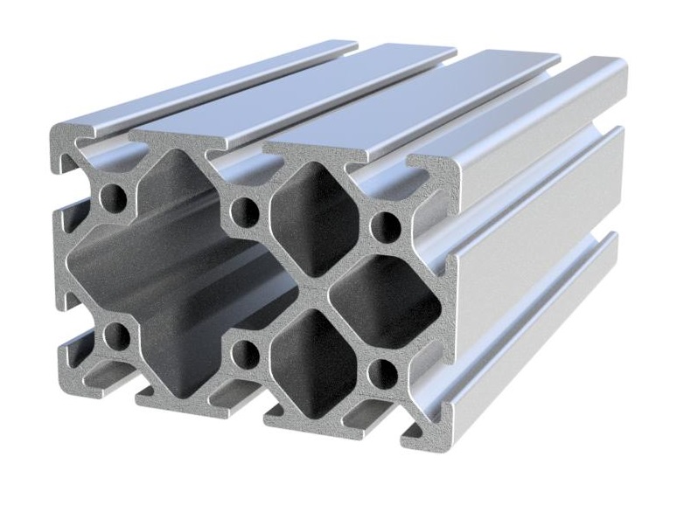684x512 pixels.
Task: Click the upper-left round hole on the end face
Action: tap(115, 193)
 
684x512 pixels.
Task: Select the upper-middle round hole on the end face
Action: tap(248, 211)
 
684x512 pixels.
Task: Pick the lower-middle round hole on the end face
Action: tap(248, 353)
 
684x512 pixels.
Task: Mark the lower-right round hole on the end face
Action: tap(383, 374)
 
